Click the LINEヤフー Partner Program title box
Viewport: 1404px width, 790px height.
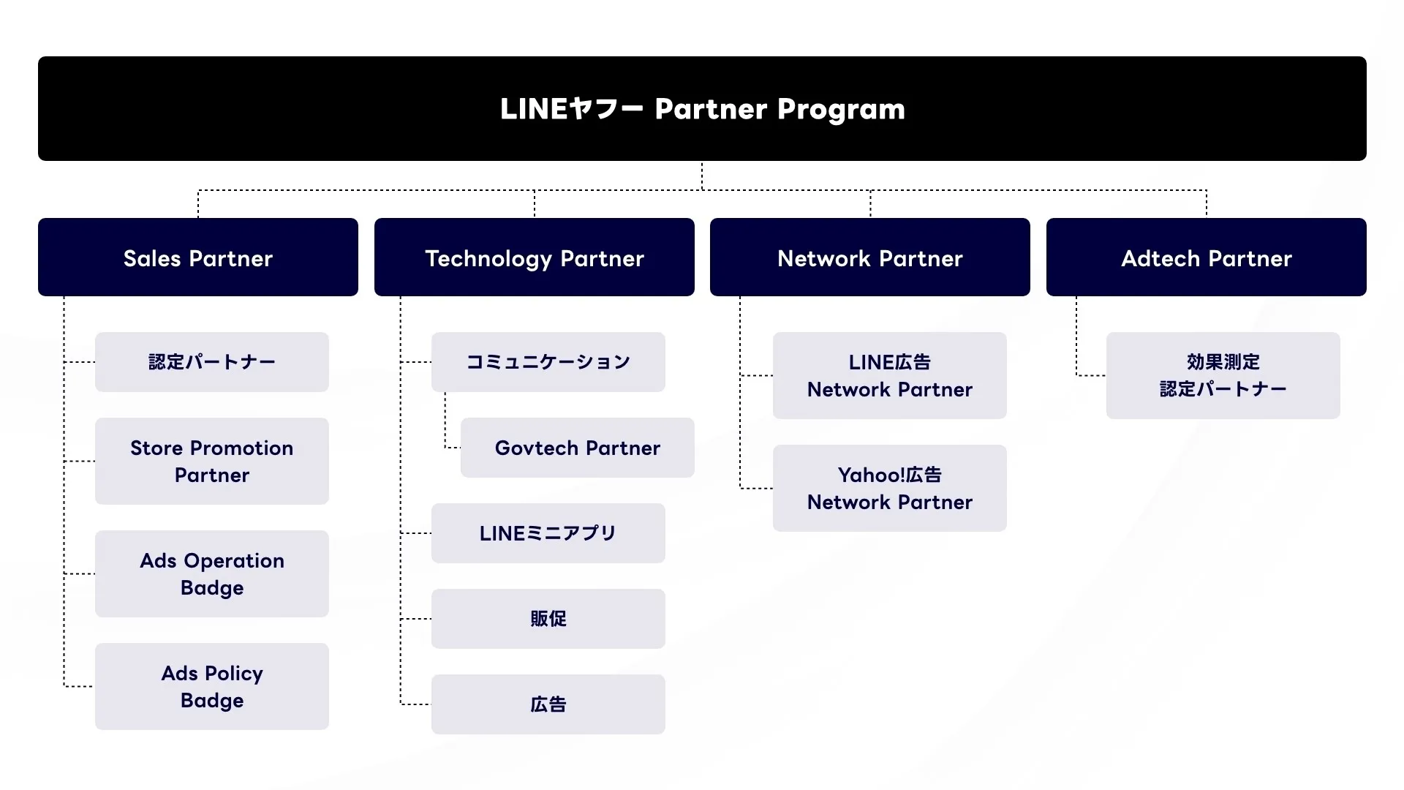click(702, 108)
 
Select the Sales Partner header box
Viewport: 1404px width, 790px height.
click(197, 257)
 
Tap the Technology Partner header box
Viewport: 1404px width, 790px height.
click(534, 257)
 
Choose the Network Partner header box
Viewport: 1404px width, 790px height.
click(869, 257)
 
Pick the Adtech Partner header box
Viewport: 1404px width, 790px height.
click(1206, 257)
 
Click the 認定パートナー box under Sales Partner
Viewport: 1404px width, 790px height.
click(211, 362)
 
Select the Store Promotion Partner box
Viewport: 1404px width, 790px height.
click(211, 461)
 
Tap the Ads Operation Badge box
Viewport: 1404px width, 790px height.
click(211, 573)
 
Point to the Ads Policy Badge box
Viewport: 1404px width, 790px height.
click(211, 686)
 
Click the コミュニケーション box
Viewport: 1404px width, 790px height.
click(548, 362)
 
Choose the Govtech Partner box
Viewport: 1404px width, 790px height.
click(577, 448)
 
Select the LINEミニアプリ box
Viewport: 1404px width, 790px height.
click(548, 533)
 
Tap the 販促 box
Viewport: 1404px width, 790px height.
click(548, 619)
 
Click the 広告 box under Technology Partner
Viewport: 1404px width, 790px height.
click(548, 704)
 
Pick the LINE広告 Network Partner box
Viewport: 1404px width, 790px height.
click(889, 375)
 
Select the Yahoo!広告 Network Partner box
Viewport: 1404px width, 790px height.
click(889, 488)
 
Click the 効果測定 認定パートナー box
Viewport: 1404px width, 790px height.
click(1223, 375)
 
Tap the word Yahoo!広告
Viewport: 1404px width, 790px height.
click(889, 475)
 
